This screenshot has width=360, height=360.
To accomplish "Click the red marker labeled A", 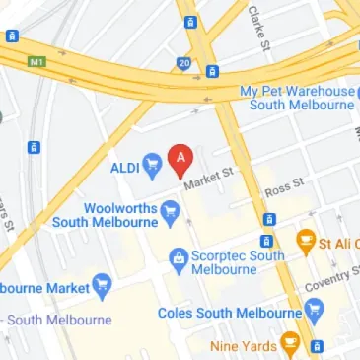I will (x=180, y=158).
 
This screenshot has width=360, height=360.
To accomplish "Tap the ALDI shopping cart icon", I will (x=152, y=165).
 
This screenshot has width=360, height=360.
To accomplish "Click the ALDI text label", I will (x=124, y=165).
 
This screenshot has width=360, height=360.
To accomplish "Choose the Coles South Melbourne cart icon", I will (x=315, y=313).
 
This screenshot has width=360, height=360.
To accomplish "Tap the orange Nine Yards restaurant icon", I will (x=290, y=344).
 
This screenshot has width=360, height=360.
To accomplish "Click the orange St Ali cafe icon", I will (x=307, y=240).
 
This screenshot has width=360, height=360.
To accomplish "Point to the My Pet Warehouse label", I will (x=299, y=98).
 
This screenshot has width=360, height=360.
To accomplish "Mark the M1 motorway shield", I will (x=37, y=61).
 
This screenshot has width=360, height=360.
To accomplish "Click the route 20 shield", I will (x=184, y=63).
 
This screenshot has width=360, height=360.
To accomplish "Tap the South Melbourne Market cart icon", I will (x=104, y=287).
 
